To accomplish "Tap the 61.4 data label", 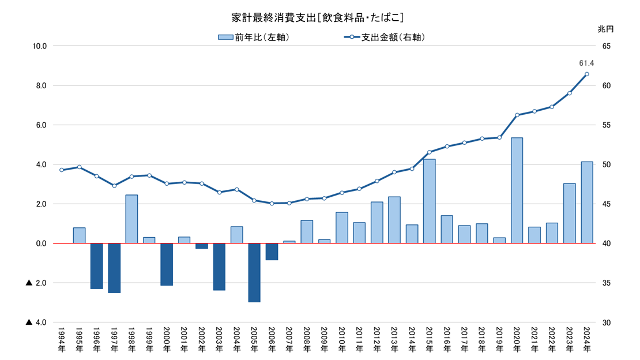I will [x=586, y=63].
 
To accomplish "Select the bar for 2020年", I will [x=517, y=190].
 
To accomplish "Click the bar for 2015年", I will [x=429, y=201].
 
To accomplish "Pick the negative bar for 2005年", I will [x=254, y=272].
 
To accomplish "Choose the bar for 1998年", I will [x=131, y=219].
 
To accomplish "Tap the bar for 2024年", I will [x=587, y=202].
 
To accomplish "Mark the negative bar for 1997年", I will [x=114, y=268].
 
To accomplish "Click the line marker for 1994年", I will [x=62, y=170].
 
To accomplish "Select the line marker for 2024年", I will [x=587, y=74].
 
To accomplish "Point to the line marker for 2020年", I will [x=517, y=115].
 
